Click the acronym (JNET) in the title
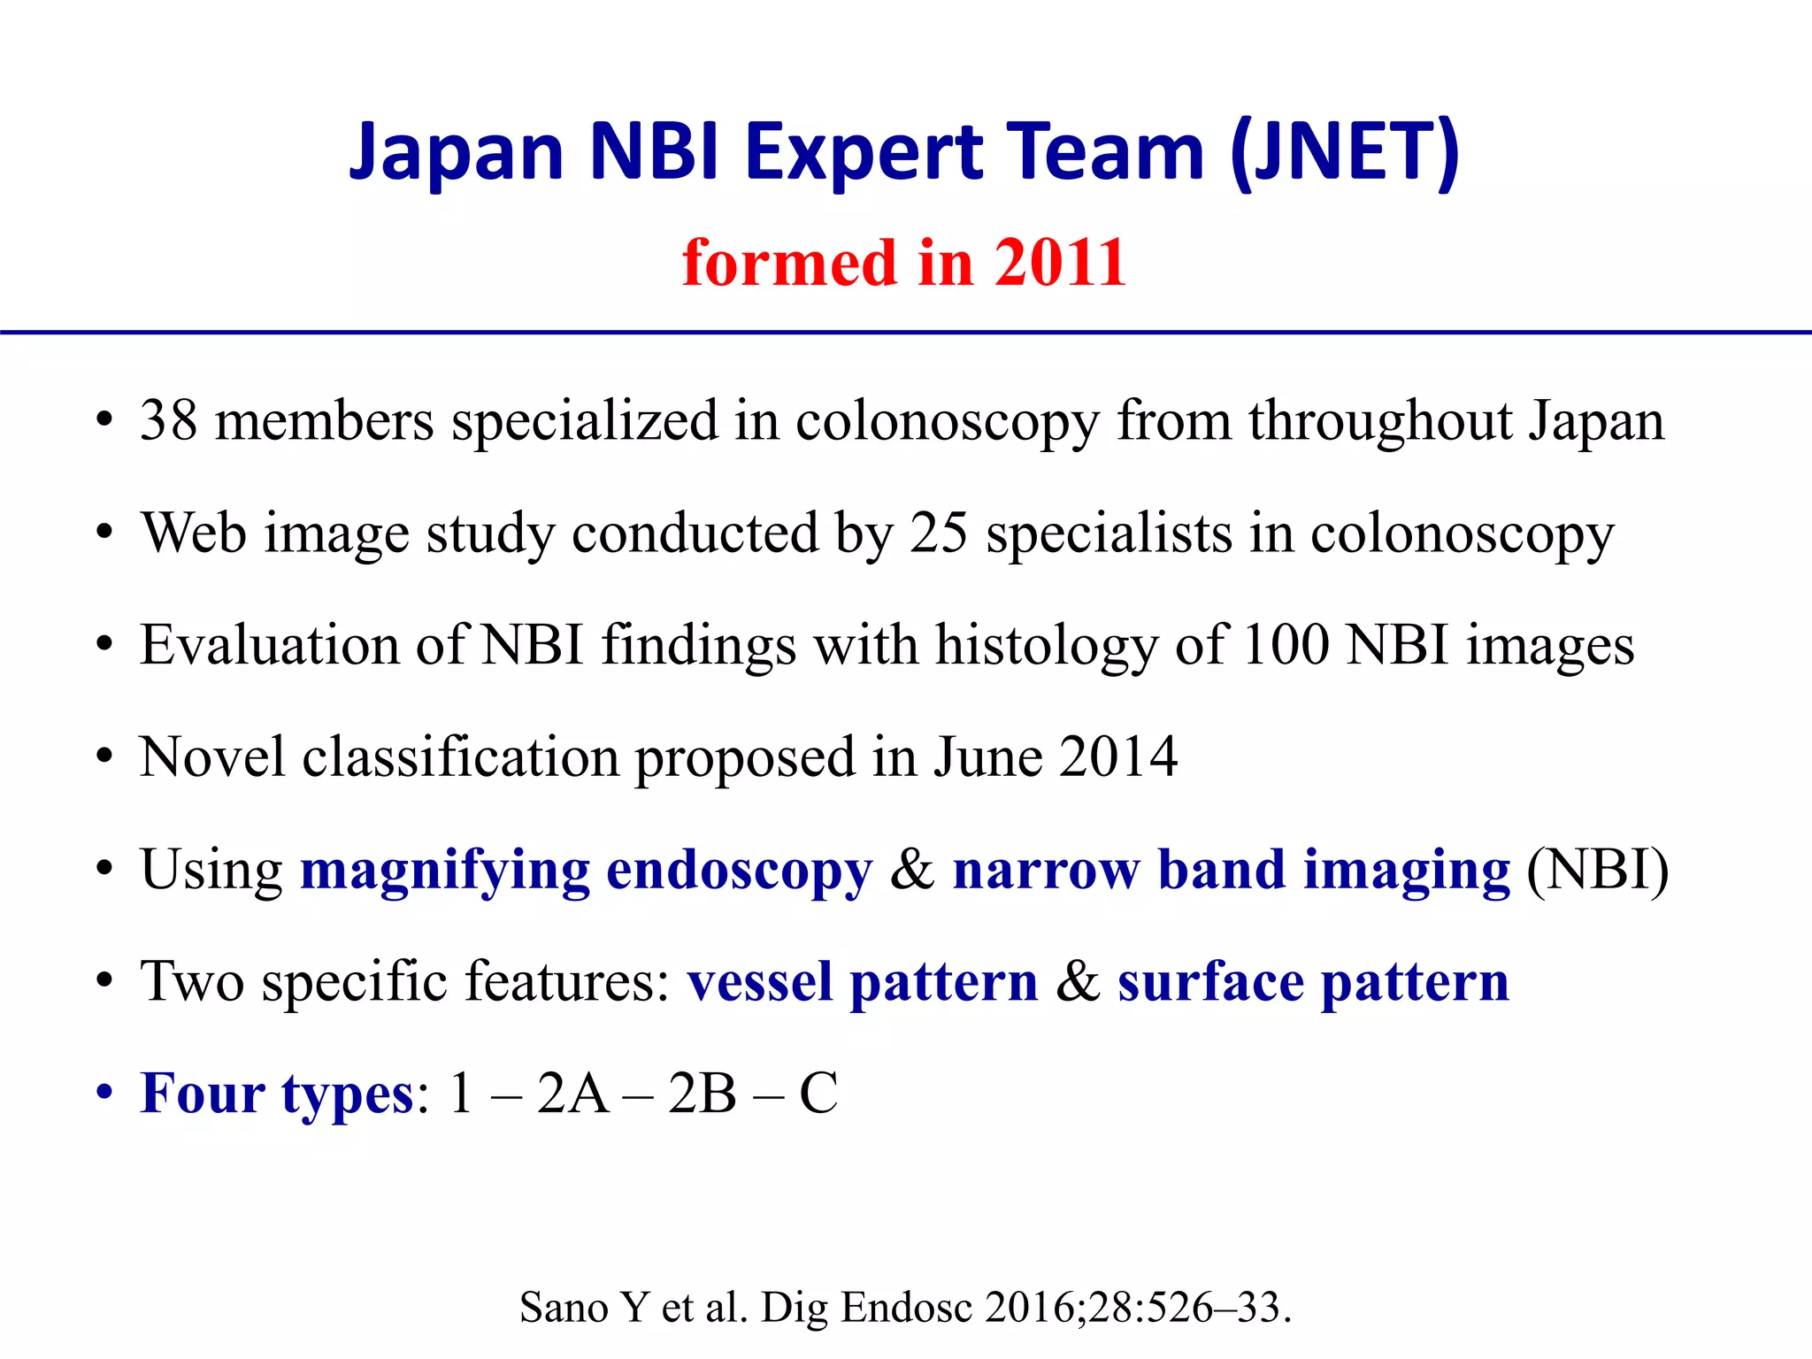click(1345, 152)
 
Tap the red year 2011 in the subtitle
click(1060, 263)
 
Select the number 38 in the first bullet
click(168, 420)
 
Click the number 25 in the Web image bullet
click(939, 533)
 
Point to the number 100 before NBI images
click(1285, 645)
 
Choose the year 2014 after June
click(1118, 757)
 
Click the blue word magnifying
click(445, 871)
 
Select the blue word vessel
click(760, 982)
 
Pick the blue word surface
click(1209, 982)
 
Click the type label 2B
click(702, 1094)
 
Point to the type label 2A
click(572, 1094)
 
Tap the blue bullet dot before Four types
click(105, 1094)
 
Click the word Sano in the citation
click(563, 1308)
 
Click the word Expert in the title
click(863, 152)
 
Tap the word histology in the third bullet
click(1046, 645)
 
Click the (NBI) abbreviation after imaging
click(1598, 871)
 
